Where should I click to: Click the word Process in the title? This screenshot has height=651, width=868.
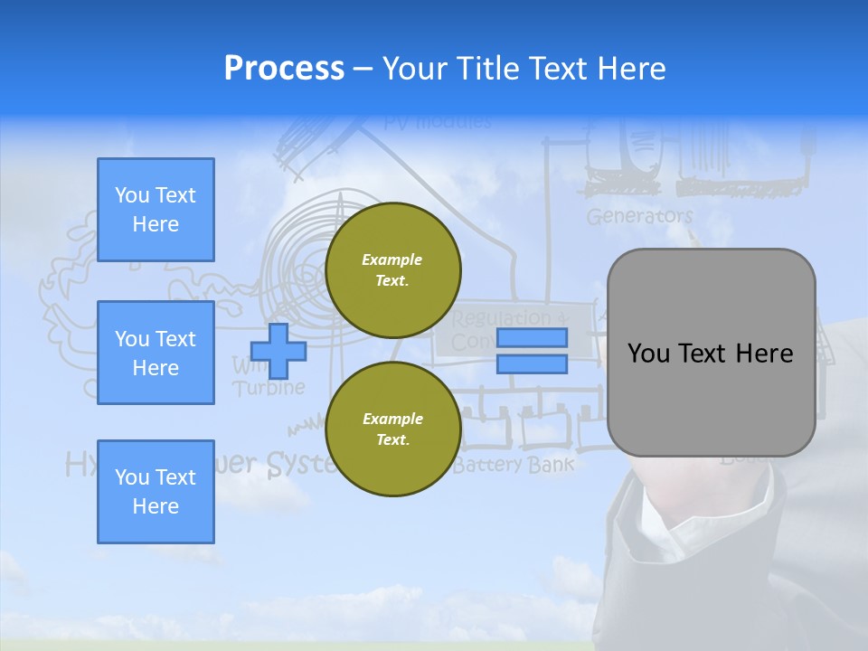click(284, 69)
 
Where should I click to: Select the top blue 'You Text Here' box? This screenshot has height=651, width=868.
click(156, 210)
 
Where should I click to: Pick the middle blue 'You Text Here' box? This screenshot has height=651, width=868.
click(156, 353)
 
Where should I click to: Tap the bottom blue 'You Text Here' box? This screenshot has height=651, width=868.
click(156, 492)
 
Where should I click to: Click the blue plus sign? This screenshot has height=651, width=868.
click(278, 351)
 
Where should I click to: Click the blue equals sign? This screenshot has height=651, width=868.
click(533, 351)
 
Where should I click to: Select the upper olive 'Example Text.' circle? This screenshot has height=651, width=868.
click(392, 270)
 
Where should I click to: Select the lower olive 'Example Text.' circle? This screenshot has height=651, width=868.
click(392, 429)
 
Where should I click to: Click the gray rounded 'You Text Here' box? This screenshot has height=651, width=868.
click(711, 353)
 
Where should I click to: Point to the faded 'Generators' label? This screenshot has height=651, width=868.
click(639, 217)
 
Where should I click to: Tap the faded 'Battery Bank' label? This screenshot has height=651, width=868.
click(513, 466)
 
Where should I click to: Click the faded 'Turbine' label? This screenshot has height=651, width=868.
click(269, 388)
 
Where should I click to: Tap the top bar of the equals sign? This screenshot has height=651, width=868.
click(533, 338)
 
